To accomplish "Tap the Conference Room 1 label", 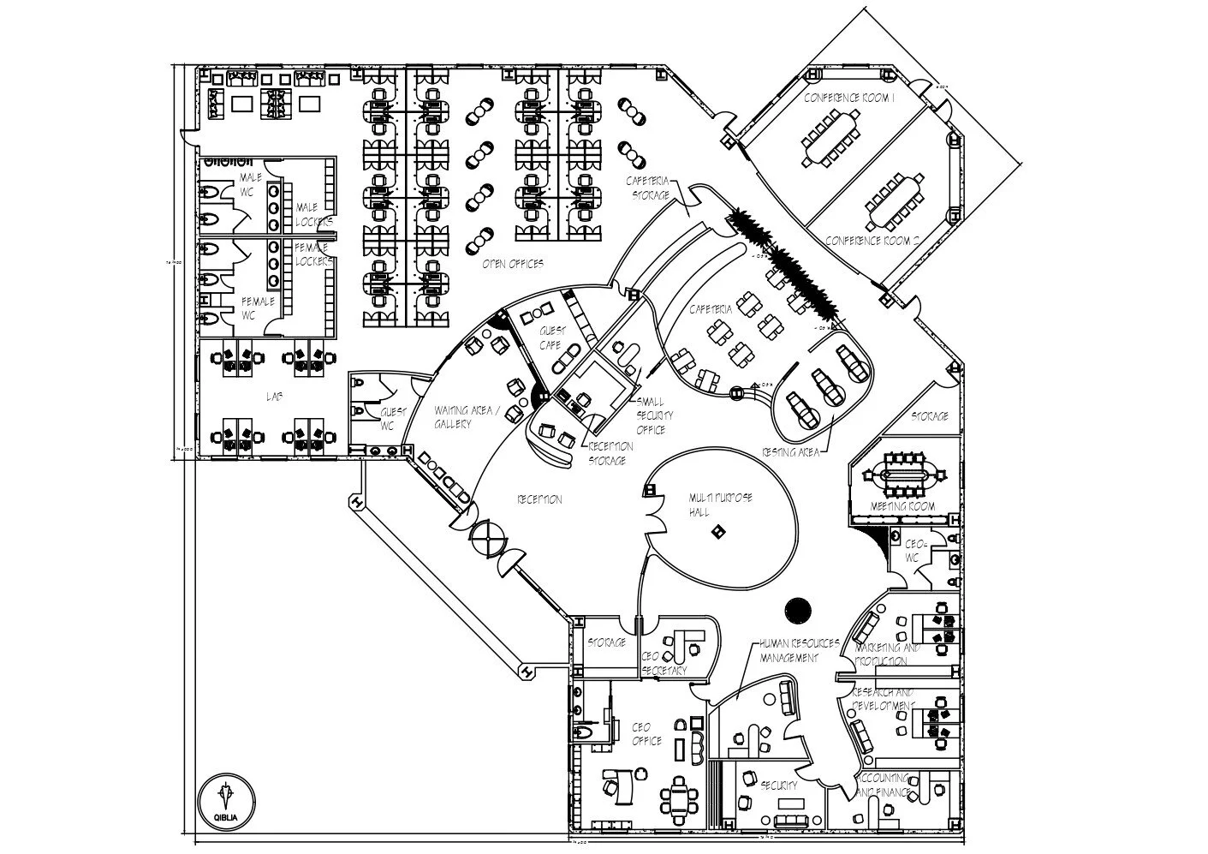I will point(849,99).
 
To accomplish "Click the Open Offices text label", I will point(512,264).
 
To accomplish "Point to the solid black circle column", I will point(797,609).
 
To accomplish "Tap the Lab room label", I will point(274,397).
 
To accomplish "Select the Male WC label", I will point(249,184).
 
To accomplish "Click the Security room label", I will point(779,785).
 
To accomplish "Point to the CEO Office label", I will point(646,734).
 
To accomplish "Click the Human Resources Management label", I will point(788,650).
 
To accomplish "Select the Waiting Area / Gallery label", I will point(463,417).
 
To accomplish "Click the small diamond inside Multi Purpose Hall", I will point(717,532).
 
